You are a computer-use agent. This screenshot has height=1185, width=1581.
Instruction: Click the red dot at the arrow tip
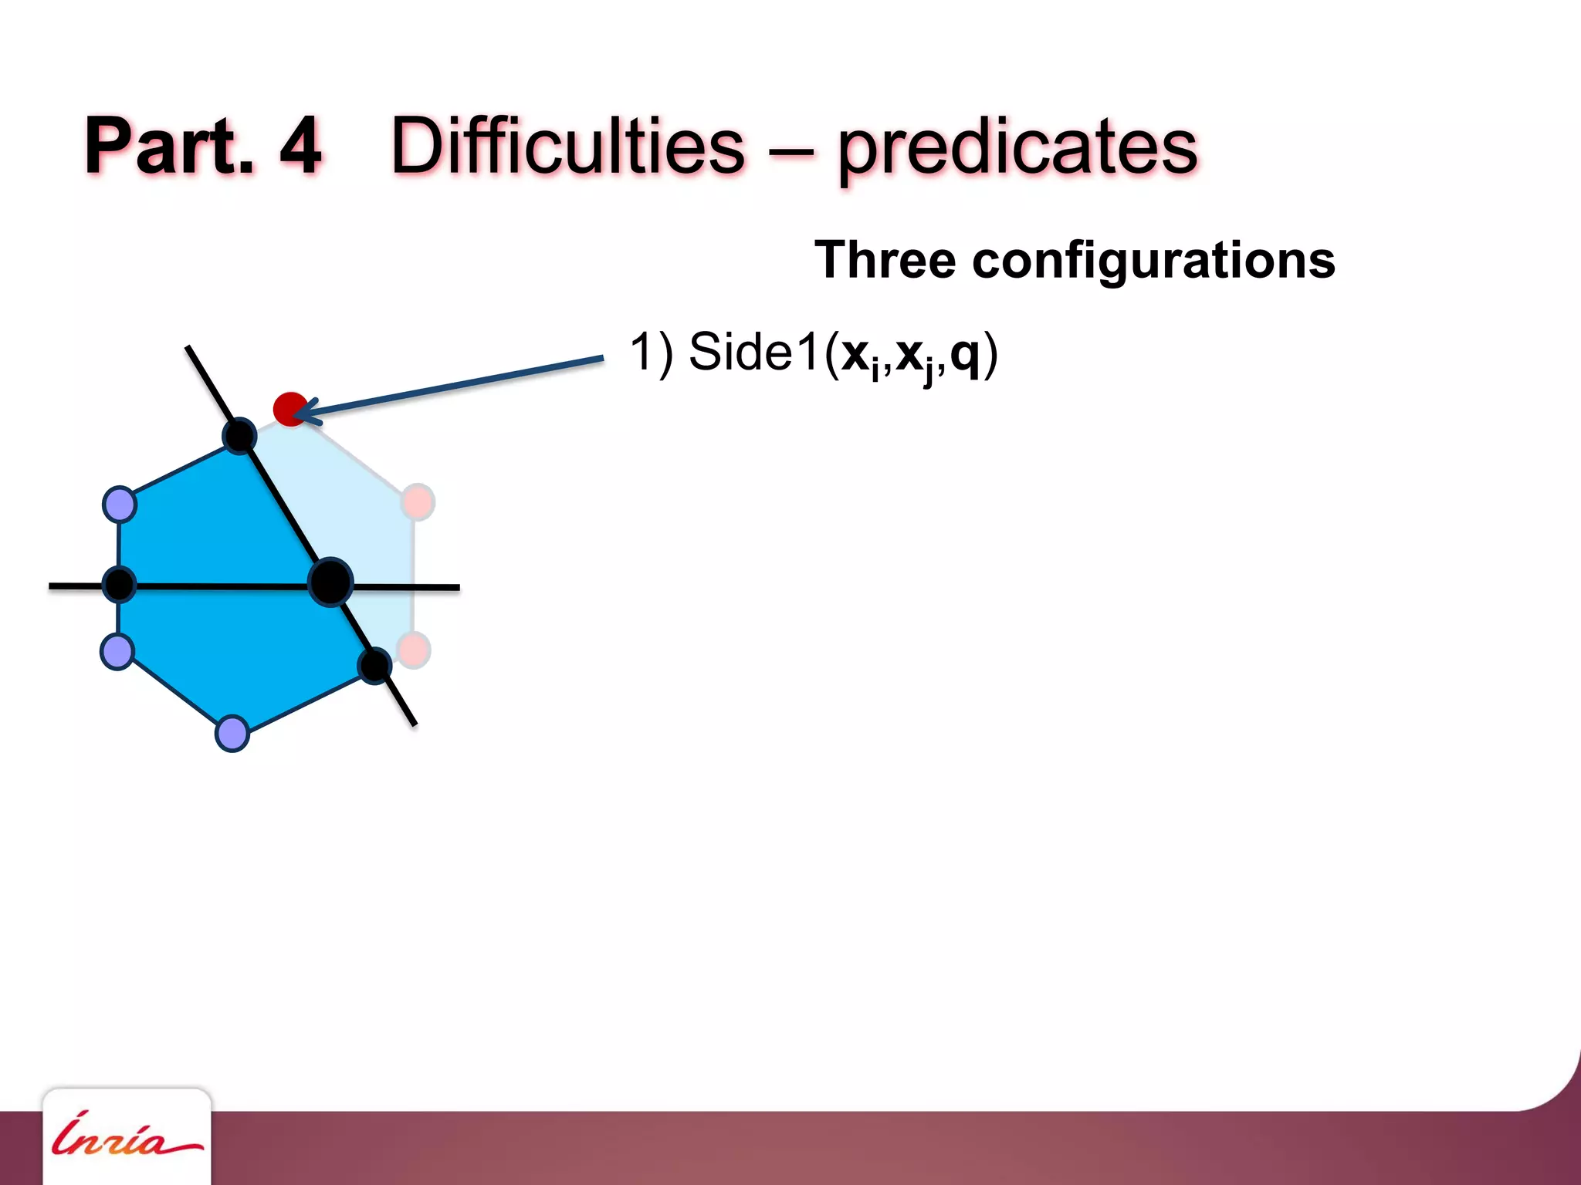pyautogui.click(x=289, y=409)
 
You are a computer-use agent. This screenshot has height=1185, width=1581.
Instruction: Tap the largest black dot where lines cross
pyautogui.click(x=330, y=582)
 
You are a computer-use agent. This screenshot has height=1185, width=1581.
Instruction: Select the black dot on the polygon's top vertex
pyautogui.click(x=239, y=436)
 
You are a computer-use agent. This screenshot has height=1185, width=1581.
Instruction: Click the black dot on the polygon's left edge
pyautogui.click(x=119, y=584)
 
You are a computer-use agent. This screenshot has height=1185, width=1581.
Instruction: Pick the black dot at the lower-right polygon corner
pyautogui.click(x=375, y=666)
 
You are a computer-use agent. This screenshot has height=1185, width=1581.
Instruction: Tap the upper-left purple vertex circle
pyautogui.click(x=120, y=505)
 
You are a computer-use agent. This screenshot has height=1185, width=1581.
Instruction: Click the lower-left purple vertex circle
pyautogui.click(x=117, y=652)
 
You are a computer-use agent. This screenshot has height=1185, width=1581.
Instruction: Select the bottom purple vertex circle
pyautogui.click(x=232, y=733)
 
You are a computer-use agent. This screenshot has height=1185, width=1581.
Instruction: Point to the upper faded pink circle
pyautogui.click(x=418, y=502)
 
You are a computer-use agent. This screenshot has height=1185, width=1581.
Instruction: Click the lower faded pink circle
pyautogui.click(x=414, y=650)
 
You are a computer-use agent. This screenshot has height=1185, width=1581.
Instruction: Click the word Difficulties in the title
pyautogui.click(x=567, y=146)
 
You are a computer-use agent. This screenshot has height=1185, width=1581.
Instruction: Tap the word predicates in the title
pyautogui.click(x=1017, y=148)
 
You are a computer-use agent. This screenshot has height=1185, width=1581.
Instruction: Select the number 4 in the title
pyautogui.click(x=300, y=146)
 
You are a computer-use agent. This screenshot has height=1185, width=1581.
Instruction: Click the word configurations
pyautogui.click(x=1153, y=261)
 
